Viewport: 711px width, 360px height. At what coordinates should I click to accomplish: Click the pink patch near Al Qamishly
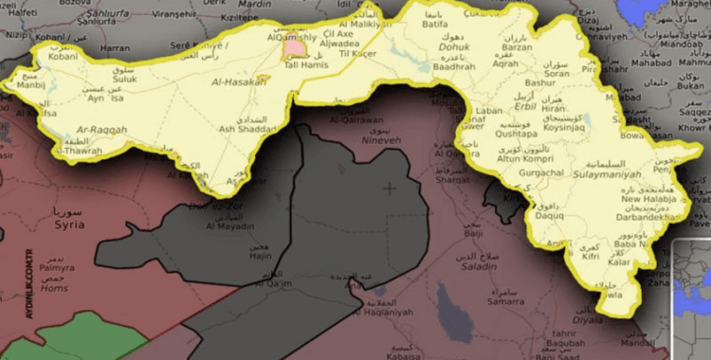[x=295, y=45]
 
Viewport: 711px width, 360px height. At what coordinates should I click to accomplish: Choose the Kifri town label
[x=592, y=256]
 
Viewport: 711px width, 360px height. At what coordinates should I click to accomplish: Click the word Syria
[x=68, y=225]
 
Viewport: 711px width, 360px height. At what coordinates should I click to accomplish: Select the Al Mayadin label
[x=229, y=226]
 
